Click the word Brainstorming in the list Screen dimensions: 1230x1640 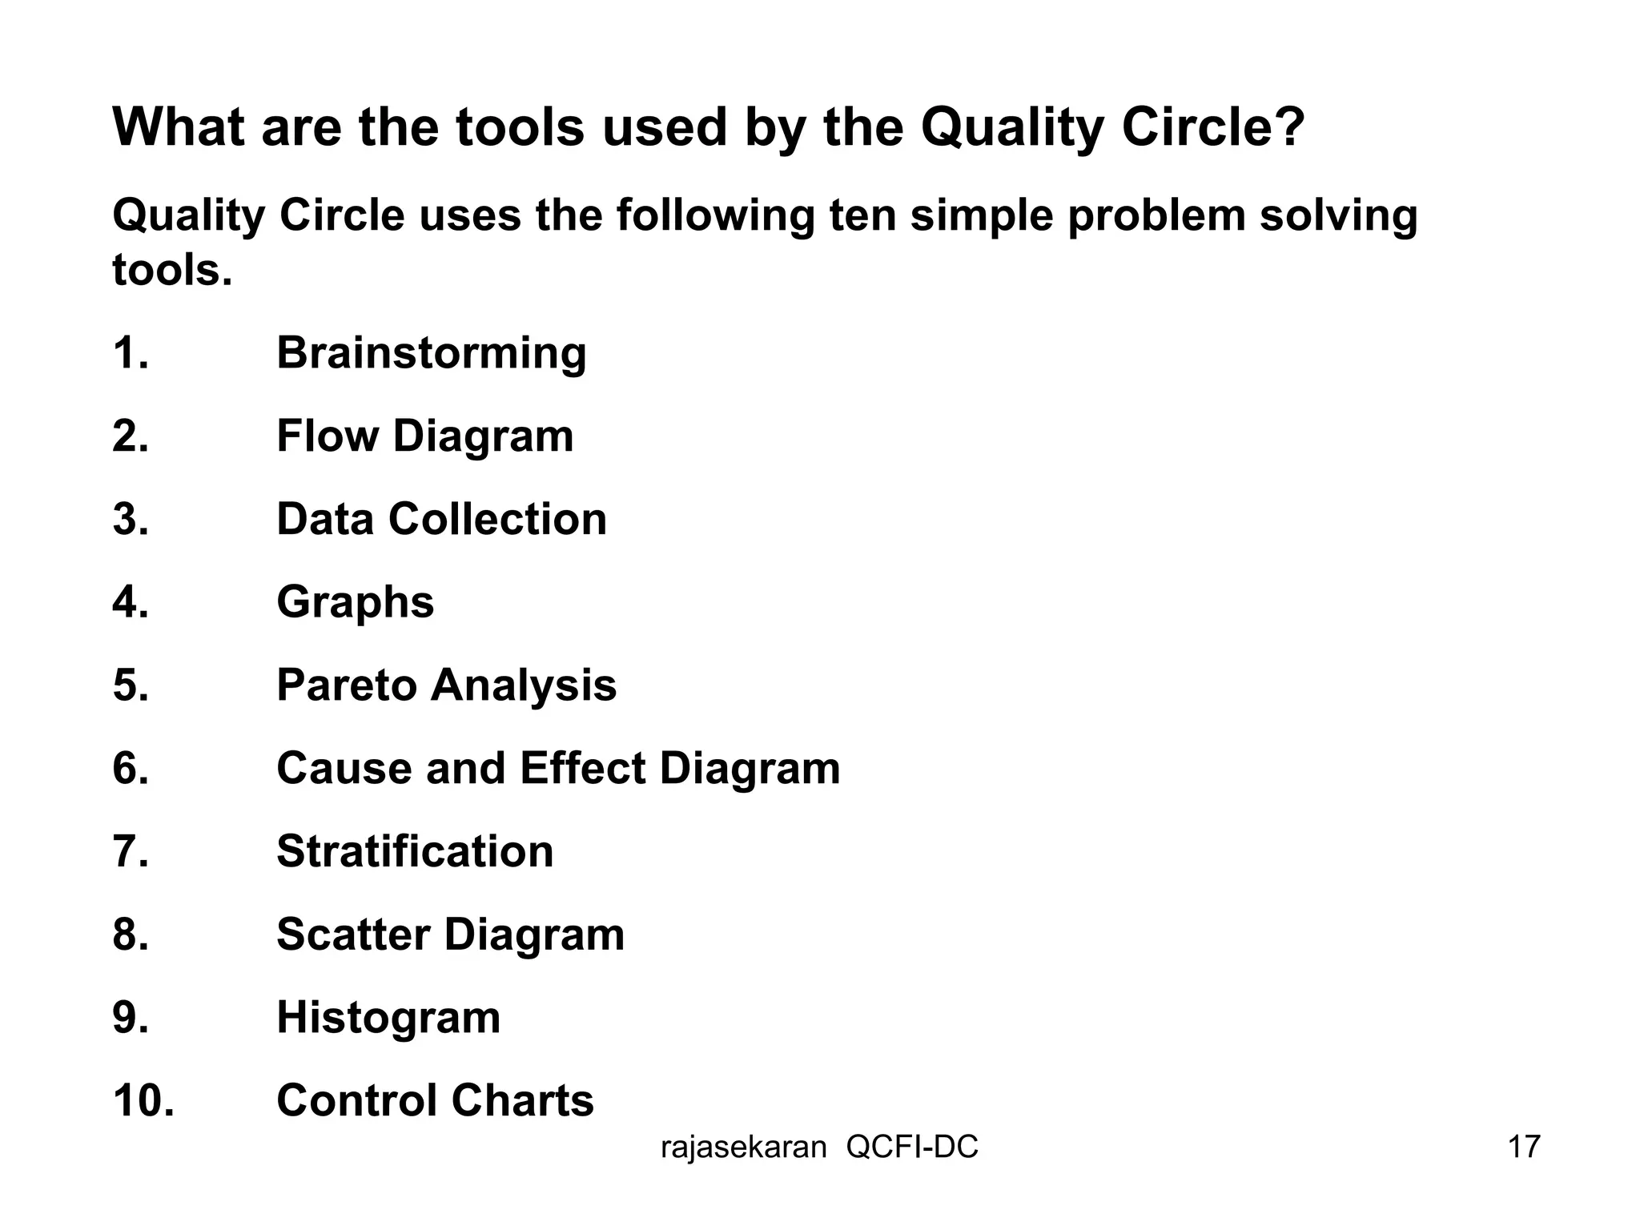(431, 353)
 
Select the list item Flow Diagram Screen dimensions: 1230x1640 (424, 436)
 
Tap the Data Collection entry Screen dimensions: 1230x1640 (441, 519)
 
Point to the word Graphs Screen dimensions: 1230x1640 (355, 602)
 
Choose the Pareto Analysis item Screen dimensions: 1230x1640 (446, 685)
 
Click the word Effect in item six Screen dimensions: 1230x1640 (582, 768)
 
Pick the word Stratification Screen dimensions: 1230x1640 (415, 851)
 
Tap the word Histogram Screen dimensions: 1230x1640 (388, 1018)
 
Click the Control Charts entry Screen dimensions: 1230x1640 (435, 1100)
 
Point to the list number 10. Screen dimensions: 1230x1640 (143, 1100)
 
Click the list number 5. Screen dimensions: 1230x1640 (131, 685)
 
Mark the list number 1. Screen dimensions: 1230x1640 (131, 353)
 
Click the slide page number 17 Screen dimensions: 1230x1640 (1524, 1147)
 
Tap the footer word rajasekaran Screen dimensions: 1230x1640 (743, 1148)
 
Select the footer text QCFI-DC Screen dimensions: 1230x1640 (912, 1148)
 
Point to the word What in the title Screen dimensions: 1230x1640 (178, 127)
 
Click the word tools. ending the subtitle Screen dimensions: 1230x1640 (172, 270)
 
